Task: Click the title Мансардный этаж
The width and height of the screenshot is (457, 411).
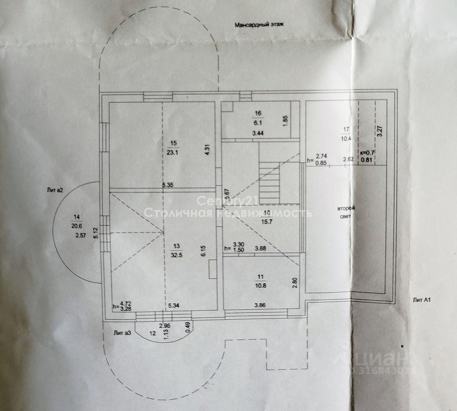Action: [x=260, y=25]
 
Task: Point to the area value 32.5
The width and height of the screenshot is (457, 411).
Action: [x=177, y=255]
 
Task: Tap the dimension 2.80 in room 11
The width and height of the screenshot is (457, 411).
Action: [x=294, y=284]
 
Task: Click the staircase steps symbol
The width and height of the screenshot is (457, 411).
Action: [x=269, y=178]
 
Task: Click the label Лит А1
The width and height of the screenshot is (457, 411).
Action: [x=421, y=300]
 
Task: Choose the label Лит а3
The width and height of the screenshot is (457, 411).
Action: [x=122, y=333]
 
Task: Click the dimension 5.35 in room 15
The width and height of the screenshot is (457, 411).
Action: [x=168, y=185]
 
